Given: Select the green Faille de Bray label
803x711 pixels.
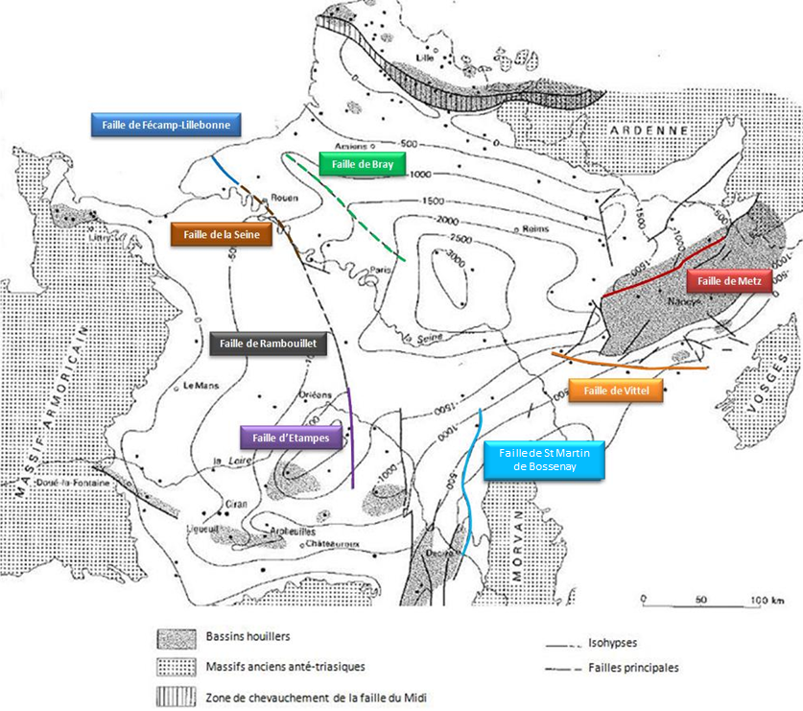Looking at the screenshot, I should click(363, 164).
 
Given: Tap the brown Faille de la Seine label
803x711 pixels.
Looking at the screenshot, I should click(222, 234).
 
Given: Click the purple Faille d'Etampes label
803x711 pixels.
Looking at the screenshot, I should click(291, 438).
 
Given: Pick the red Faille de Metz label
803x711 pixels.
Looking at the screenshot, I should click(729, 280).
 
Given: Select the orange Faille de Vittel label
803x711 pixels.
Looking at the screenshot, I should click(616, 391).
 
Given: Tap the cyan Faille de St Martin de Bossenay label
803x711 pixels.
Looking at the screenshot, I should click(545, 460).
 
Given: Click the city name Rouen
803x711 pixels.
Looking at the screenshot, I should click(284, 199).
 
